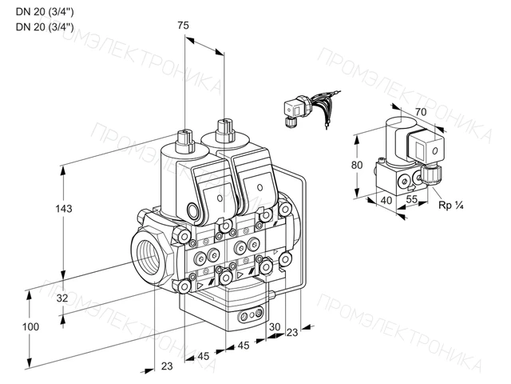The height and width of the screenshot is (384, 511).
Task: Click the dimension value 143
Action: (x=64, y=209)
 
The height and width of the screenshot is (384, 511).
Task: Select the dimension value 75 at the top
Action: (x=183, y=26)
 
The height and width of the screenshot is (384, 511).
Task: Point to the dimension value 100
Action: (x=30, y=326)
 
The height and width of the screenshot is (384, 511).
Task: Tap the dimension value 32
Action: (x=62, y=298)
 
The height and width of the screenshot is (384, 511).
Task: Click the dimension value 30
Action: (x=275, y=327)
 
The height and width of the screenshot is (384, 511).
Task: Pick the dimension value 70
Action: (x=421, y=112)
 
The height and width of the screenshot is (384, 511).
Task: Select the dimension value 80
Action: (x=357, y=166)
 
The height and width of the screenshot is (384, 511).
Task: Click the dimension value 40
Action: (x=386, y=200)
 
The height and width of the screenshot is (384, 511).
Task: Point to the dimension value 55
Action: (x=412, y=199)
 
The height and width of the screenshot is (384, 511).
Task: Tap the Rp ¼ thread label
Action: (x=451, y=206)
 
